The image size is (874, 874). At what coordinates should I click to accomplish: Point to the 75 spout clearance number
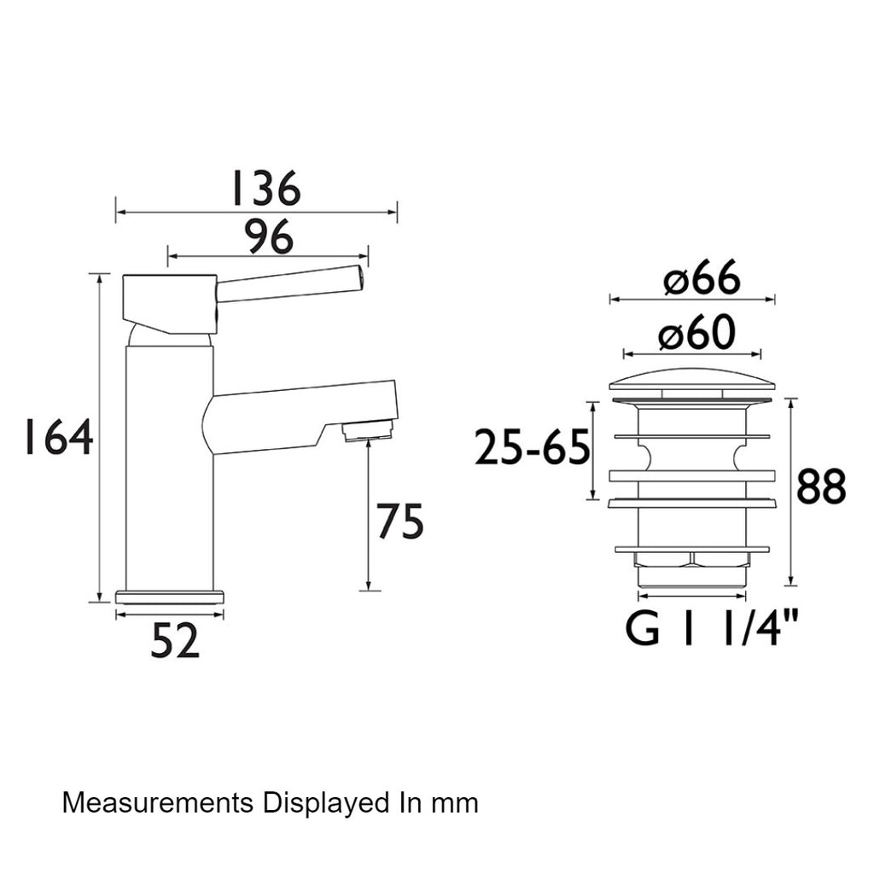pos(401,521)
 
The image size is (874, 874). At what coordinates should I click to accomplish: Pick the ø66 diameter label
pos(702,277)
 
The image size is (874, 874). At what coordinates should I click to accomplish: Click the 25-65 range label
pos(533,446)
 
